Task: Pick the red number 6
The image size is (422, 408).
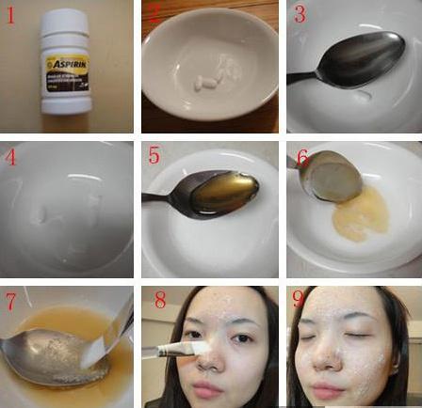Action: click(x=302, y=156)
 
